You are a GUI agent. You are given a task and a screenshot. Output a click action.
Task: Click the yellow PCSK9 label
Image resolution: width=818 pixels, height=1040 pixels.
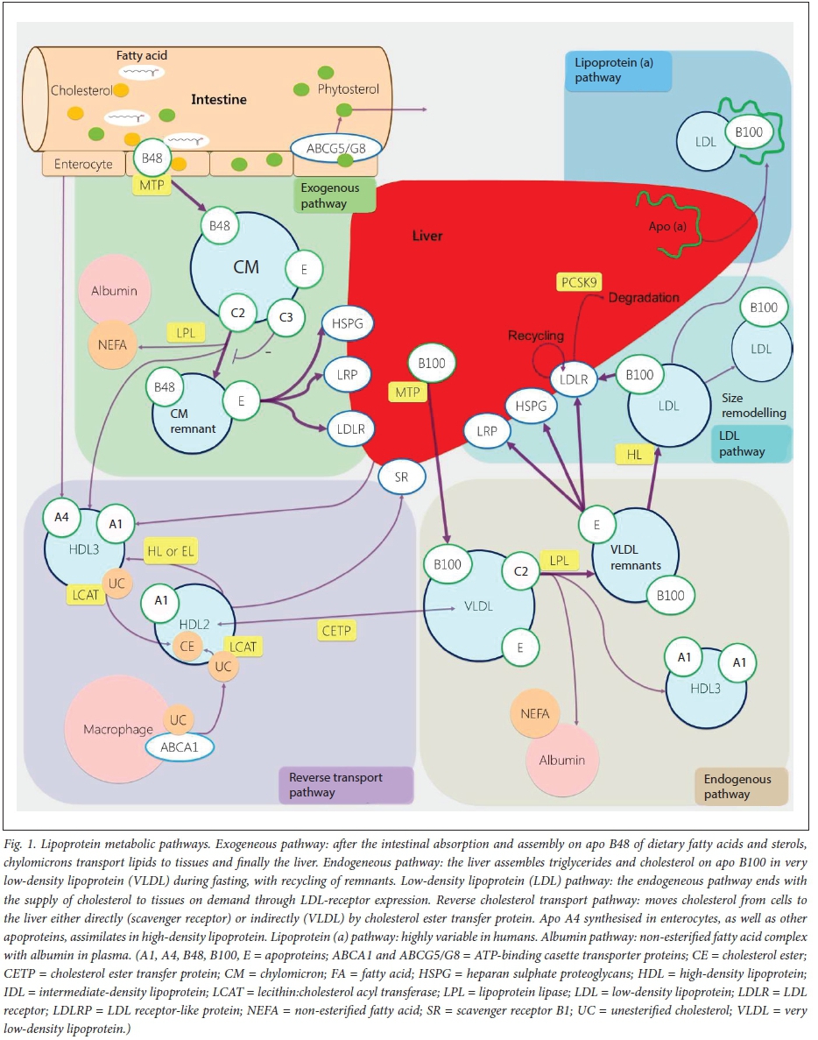coord(580,283)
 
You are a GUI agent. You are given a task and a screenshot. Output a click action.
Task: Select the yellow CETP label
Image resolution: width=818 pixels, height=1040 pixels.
coord(338,631)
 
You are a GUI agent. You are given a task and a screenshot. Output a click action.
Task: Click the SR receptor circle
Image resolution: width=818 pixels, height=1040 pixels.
coord(400,477)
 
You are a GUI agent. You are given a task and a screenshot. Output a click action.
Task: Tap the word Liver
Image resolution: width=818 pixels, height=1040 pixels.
coord(427,236)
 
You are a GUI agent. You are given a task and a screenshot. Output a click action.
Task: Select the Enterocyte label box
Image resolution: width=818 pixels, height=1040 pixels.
coord(83,163)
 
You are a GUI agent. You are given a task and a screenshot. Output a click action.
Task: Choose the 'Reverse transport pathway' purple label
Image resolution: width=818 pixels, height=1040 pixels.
coord(344,784)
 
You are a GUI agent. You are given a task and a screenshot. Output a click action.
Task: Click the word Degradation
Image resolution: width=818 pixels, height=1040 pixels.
coord(643,298)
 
